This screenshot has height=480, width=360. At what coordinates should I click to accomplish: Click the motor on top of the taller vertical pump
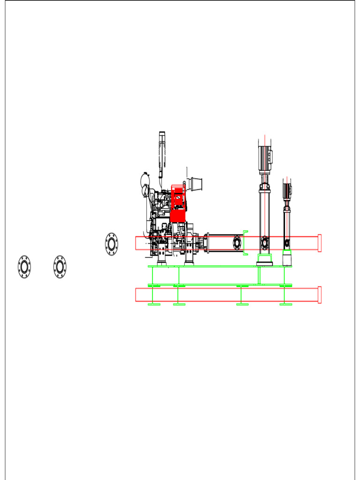pos(265,157)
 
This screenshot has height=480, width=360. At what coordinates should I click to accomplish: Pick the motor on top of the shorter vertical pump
pos(287,189)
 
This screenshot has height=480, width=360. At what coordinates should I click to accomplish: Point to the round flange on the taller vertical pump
pos(265,243)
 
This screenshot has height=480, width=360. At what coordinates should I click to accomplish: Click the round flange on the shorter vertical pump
pos(287,243)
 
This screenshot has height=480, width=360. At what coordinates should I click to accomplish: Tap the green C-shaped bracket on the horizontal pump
pos(245,243)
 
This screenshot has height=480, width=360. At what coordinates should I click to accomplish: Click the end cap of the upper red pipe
pos(319,243)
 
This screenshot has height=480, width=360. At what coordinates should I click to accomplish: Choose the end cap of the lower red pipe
pos(319,295)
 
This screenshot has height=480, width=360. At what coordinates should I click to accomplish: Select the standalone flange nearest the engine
pos(112,244)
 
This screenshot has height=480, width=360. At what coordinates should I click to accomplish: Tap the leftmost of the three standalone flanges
pos(24,266)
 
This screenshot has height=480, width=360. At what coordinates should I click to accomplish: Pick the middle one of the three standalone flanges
pos(60,266)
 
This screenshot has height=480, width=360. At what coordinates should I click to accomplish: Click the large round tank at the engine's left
pos(145,180)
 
